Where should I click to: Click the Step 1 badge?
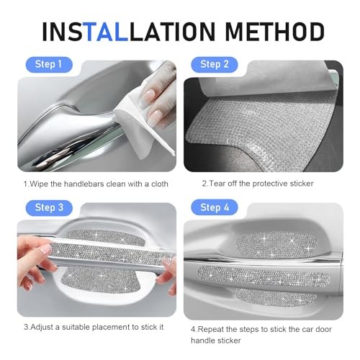tap(49, 65)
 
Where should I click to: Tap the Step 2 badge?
tap(215, 65)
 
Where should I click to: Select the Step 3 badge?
tap(49, 207)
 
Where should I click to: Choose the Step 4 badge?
tap(215, 207)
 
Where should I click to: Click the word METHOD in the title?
tap(274, 32)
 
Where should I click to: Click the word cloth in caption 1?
tap(160, 184)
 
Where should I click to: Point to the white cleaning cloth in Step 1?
tap(146, 113)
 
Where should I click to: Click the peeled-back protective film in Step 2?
tap(264, 77)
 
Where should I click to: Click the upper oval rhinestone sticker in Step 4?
tap(276, 245)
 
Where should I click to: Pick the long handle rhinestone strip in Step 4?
tap(264, 276)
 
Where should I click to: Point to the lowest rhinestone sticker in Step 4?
tap(272, 297)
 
